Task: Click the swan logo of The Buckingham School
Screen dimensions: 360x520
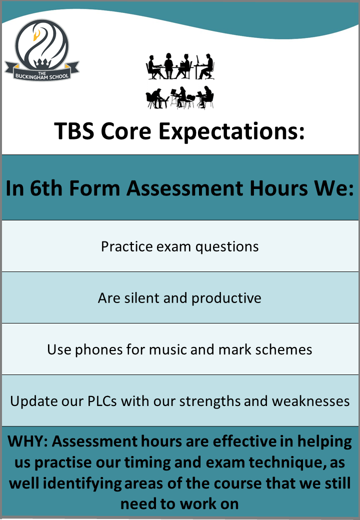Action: tap(41, 49)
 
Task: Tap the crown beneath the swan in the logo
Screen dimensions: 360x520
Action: tap(42, 62)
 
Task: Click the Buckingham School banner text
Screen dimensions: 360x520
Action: tap(42, 75)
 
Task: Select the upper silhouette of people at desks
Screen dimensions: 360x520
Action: tap(180, 66)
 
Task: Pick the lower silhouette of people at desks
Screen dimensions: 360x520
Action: tap(180, 97)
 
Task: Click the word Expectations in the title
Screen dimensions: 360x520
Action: tap(231, 131)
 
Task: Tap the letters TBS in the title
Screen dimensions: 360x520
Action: tap(74, 130)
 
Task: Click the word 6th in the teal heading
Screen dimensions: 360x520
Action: tap(46, 188)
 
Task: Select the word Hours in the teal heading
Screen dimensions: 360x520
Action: tap(279, 188)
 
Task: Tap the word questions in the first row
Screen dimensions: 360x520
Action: tap(227, 247)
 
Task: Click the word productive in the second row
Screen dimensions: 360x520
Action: tap(226, 298)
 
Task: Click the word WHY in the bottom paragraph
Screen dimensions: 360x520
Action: tap(28, 441)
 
